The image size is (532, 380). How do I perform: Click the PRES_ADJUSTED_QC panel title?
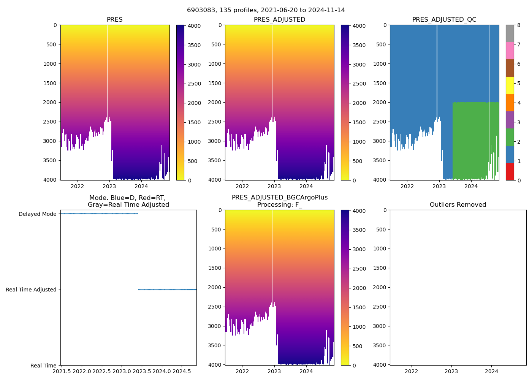pyautogui.click(x=444, y=20)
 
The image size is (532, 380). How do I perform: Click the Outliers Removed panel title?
pyautogui.click(x=458, y=205)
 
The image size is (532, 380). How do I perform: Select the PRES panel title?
pyautogui.click(x=114, y=20)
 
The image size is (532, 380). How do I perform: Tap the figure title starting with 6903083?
pyautogui.click(x=266, y=10)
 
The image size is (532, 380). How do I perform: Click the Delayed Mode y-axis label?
pyautogui.click(x=37, y=214)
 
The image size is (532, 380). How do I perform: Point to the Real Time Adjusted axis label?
pyautogui.click(x=31, y=290)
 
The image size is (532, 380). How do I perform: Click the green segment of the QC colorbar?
pyautogui.click(x=510, y=137)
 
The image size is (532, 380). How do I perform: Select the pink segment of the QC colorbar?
pyautogui.click(x=510, y=51)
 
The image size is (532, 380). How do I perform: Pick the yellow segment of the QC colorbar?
pyautogui.click(x=510, y=85)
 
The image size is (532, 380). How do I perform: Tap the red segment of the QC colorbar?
pyautogui.click(x=510, y=172)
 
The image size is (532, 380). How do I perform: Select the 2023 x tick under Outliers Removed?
pyautogui.click(x=451, y=371)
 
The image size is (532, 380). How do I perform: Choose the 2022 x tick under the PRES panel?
pyautogui.click(x=78, y=186)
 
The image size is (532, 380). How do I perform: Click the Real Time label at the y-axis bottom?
pyautogui.click(x=43, y=366)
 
